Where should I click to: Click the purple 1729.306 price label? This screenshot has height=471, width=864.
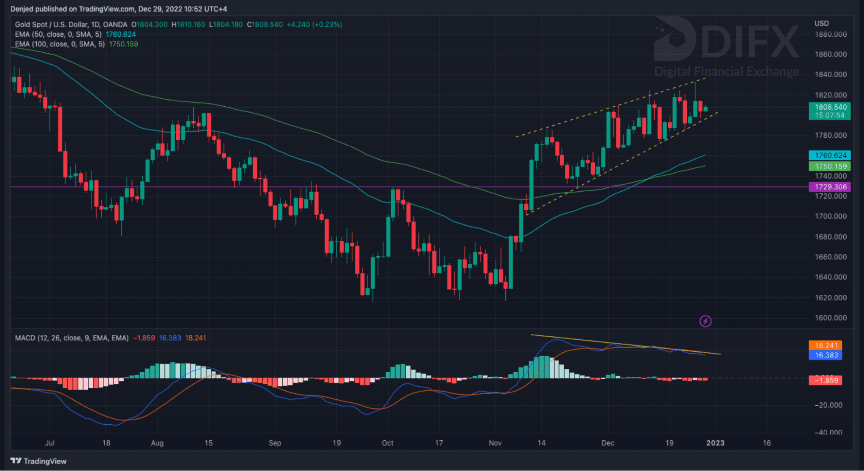pos(829,187)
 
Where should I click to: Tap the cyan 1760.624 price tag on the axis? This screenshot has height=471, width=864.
pos(829,155)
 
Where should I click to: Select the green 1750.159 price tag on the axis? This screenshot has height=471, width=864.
pos(829,166)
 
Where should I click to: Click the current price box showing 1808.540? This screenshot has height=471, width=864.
pos(829,107)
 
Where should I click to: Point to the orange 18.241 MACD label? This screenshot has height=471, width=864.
pos(825,345)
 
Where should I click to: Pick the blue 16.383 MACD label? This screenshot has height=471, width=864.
pos(825,355)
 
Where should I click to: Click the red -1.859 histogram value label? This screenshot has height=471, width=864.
pos(825,380)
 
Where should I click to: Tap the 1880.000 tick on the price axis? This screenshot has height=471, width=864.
pos(830,35)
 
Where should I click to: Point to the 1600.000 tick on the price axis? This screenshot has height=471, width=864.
pos(830,318)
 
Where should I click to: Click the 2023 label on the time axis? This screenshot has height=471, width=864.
pos(715,443)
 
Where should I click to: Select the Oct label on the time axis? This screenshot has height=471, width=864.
pos(387,443)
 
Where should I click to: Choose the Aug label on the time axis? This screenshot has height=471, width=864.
pos(157,443)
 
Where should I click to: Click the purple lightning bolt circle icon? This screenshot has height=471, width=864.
pos(705,321)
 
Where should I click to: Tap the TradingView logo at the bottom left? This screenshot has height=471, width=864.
pos(38,461)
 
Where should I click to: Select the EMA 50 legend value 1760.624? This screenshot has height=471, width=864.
pos(121,35)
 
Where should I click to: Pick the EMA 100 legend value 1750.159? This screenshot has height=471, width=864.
pos(123,44)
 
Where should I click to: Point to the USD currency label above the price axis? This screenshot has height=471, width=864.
pos(821,23)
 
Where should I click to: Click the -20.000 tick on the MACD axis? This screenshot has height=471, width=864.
pos(828,405)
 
